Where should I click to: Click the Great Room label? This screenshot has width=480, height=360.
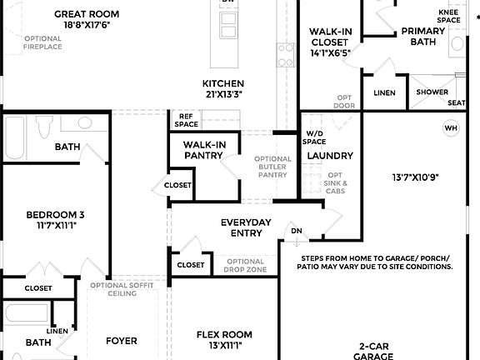pyautogui.click(x=87, y=14)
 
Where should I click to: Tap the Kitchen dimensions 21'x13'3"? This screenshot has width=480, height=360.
pyautogui.click(x=223, y=95)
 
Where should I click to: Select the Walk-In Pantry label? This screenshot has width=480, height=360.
pyautogui.click(x=205, y=150)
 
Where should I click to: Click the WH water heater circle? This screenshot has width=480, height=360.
pyautogui.click(x=451, y=127)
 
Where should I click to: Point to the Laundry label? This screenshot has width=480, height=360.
pyautogui.click(x=330, y=156)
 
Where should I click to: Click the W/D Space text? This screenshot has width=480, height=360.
pyautogui.click(x=315, y=137)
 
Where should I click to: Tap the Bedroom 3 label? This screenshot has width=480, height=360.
pyautogui.click(x=55, y=214)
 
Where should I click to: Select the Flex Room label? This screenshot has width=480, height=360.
pyautogui.click(x=224, y=335)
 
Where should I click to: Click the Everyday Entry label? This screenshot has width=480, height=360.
pyautogui.click(x=246, y=227)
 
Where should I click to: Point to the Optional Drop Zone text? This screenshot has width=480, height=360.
pyautogui.click(x=245, y=266)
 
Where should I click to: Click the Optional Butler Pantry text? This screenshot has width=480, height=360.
pyautogui.click(x=272, y=167)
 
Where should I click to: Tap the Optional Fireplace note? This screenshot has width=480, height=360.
pyautogui.click(x=43, y=42)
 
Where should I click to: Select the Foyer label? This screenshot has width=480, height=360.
pyautogui.click(x=122, y=341)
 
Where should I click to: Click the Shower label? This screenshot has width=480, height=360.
pyautogui.click(x=432, y=92)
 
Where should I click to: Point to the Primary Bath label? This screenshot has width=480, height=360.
pyautogui.click(x=422, y=36)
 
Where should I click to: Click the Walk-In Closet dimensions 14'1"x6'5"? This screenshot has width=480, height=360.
pyautogui.click(x=330, y=52)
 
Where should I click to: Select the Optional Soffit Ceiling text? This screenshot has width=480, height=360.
pyautogui.click(x=122, y=289)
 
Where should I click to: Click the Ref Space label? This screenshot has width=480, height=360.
pyautogui.click(x=186, y=120)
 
